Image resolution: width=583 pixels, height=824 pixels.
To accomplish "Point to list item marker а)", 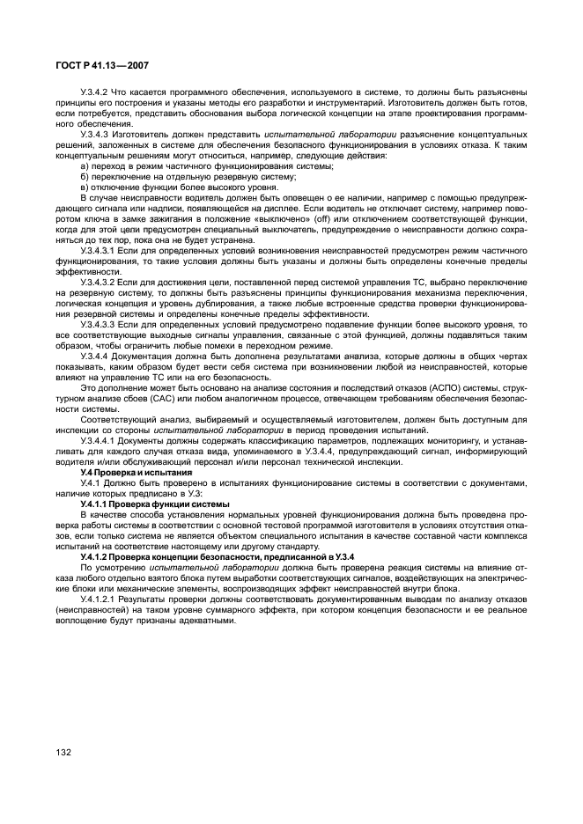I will [x=85, y=166].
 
